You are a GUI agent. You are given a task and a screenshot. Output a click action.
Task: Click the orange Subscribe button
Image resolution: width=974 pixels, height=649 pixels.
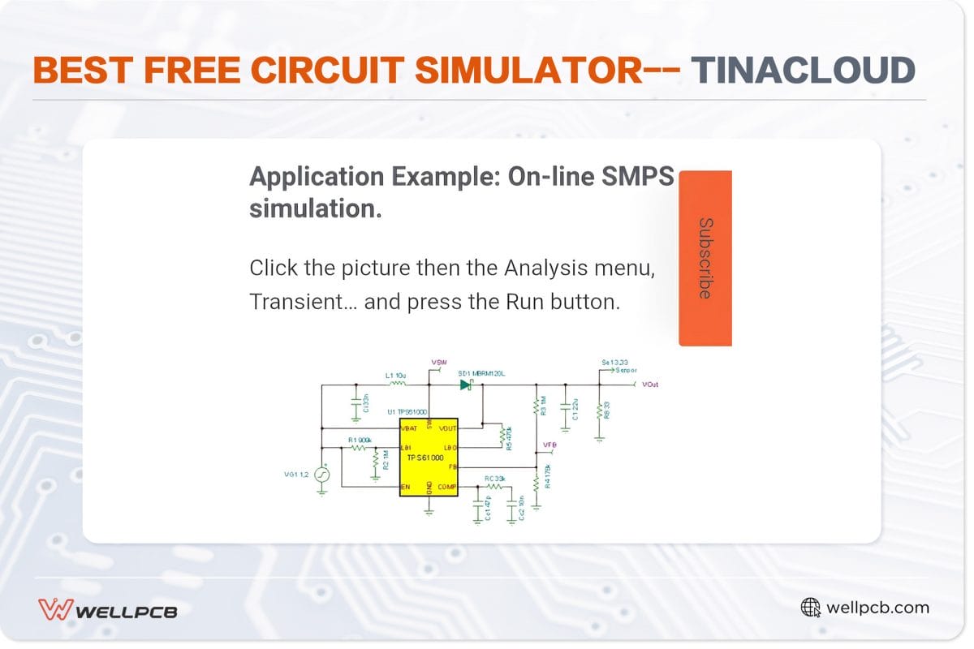[705, 258]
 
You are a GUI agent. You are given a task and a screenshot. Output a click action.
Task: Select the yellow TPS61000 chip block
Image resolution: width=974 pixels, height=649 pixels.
[429, 458]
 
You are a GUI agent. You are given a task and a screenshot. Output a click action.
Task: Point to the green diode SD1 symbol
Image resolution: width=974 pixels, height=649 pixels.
[466, 385]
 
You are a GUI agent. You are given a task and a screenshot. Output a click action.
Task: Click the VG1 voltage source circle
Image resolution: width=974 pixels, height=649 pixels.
[321, 475]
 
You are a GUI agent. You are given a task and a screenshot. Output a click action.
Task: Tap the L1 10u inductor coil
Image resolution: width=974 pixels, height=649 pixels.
[397, 385]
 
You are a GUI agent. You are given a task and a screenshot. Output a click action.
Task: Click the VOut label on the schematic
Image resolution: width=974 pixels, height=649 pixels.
[650, 384]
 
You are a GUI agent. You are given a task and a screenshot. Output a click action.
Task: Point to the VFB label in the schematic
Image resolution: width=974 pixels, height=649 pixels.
[549, 444]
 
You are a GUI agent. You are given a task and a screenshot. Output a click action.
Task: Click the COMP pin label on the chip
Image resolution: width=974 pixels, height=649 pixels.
[447, 486]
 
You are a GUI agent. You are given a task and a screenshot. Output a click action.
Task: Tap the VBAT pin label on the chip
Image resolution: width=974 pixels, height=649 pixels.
[409, 427]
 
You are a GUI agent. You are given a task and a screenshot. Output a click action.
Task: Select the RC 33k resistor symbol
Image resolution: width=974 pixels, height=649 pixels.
[494, 486]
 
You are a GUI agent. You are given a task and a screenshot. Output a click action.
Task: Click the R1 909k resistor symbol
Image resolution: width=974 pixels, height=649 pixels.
[359, 447]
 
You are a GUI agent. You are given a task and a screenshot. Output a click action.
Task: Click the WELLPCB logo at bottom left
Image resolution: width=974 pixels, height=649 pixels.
[108, 608]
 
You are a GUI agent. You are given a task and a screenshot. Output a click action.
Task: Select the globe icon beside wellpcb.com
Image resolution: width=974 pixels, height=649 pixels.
[810, 608]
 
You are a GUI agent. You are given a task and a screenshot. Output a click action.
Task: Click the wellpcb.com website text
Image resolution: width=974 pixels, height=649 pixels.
[877, 608]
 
